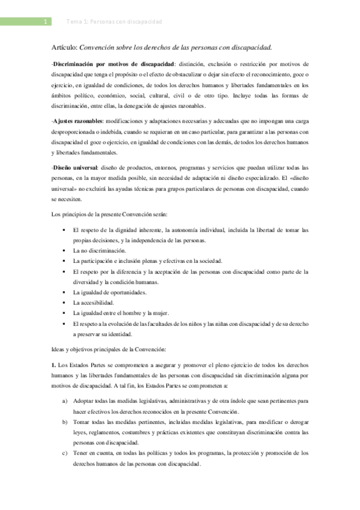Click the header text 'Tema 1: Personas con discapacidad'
point(114,22)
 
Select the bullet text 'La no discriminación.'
point(99,250)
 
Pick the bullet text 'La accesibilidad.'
point(93,303)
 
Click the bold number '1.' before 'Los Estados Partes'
point(54,366)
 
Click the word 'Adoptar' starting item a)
point(83,400)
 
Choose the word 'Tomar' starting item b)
point(81,422)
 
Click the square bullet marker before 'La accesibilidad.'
point(64,303)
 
